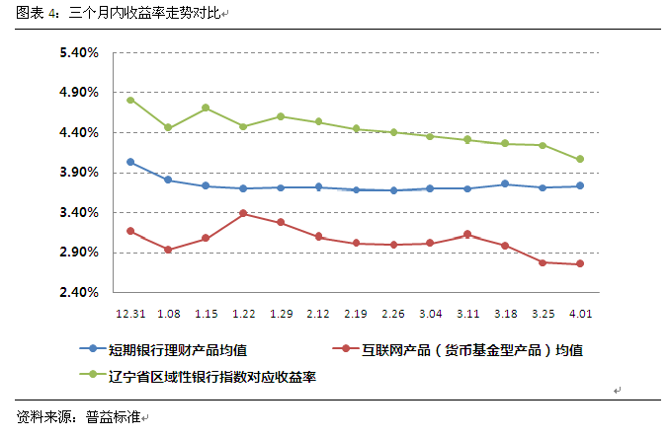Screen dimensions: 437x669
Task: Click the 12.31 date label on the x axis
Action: click(x=130, y=313)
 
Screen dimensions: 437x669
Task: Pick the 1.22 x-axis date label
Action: click(x=243, y=313)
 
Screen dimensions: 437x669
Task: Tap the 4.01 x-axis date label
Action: click(x=580, y=313)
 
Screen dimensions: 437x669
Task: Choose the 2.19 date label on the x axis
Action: click(x=356, y=313)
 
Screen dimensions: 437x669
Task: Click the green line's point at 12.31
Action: click(x=130, y=101)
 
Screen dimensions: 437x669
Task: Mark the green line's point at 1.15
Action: click(x=206, y=108)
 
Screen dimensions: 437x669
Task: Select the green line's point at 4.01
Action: click(x=580, y=159)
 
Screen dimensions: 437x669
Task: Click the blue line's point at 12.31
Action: click(x=130, y=162)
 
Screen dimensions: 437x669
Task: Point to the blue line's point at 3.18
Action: click(x=505, y=183)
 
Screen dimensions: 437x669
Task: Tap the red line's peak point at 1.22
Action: click(x=243, y=213)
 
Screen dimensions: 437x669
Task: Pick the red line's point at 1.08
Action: click(x=168, y=250)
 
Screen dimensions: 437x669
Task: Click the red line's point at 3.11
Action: click(x=467, y=234)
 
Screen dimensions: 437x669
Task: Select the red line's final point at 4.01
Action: click(x=580, y=263)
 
